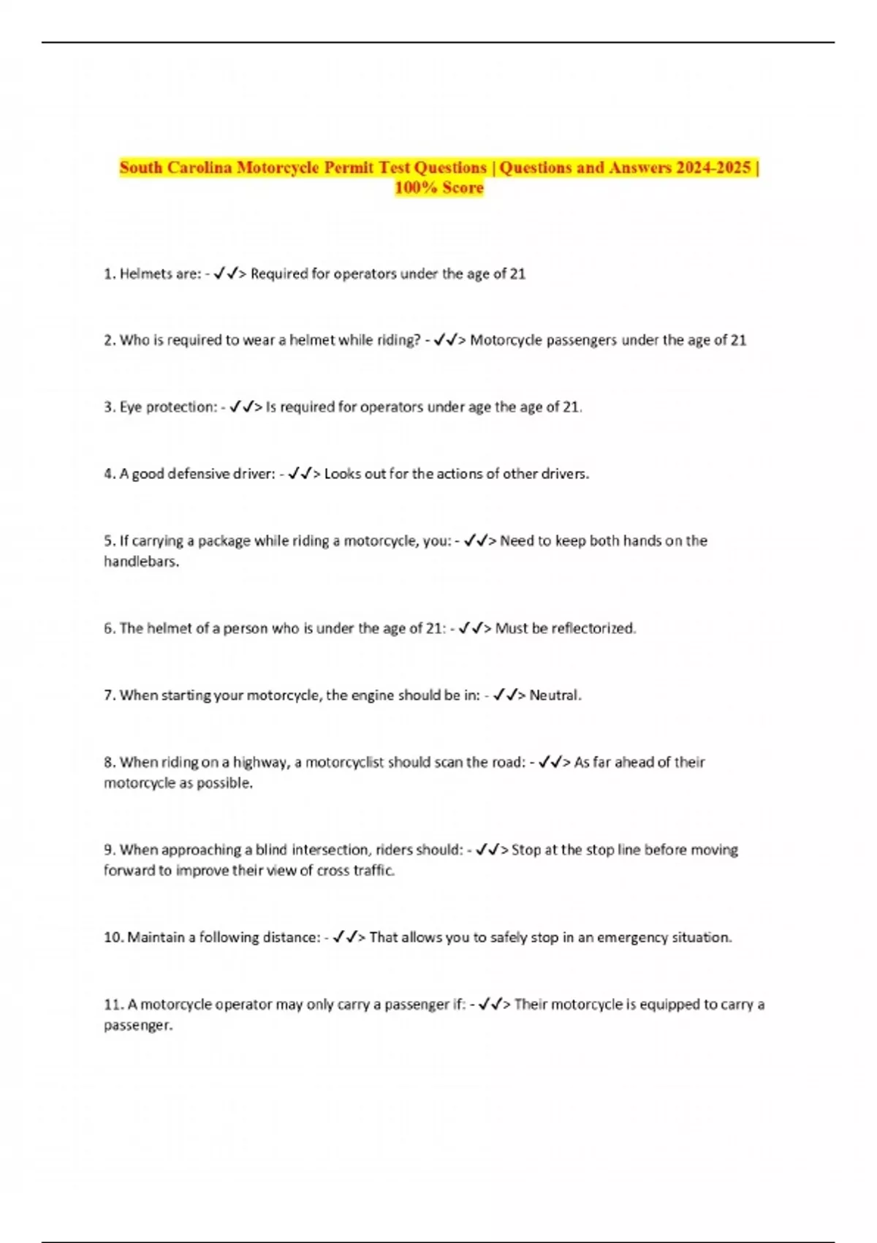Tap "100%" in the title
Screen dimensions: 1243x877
[416, 188]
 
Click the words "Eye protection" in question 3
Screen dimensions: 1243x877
[167, 407]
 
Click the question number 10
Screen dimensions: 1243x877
[113, 937]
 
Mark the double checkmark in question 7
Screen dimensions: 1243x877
[504, 695]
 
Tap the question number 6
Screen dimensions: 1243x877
[109, 628]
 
